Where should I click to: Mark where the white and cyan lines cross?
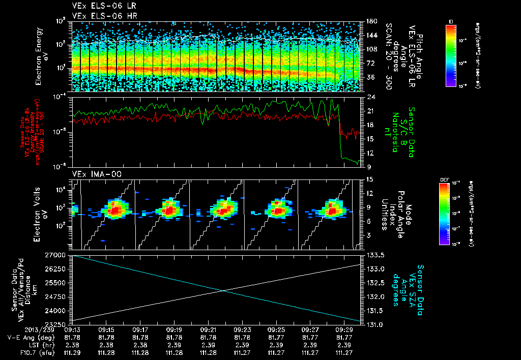(222, 290)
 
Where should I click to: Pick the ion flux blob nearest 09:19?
(169, 208)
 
